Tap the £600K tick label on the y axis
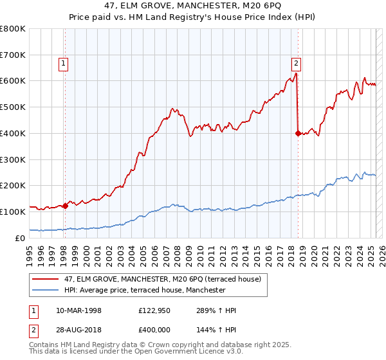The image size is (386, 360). [x=13, y=81]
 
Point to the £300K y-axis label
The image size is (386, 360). [x=13, y=159]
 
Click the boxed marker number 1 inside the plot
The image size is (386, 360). [x=64, y=63]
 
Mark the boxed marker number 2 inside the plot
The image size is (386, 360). [x=295, y=63]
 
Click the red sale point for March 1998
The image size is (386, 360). [x=66, y=206]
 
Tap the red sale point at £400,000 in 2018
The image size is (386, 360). [x=298, y=133]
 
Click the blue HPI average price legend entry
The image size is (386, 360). [x=144, y=291]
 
